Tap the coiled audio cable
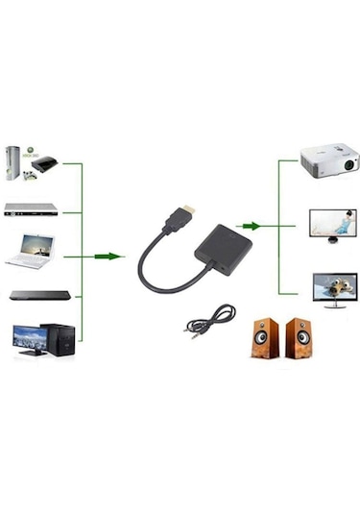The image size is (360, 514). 208,319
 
